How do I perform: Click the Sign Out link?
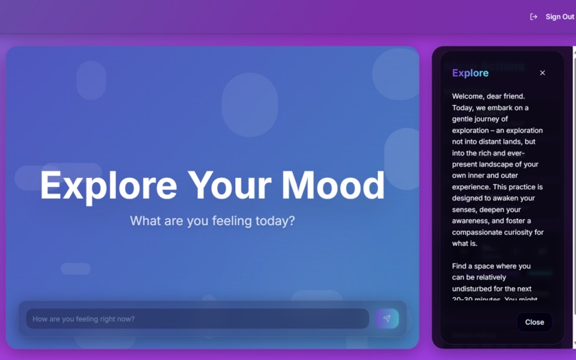(560, 16)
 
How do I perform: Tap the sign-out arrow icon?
(534, 16)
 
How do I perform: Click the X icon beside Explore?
(542, 73)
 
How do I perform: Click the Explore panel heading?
(470, 73)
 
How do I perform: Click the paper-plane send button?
(387, 319)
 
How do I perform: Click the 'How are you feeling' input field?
(197, 319)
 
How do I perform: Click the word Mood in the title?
(333, 185)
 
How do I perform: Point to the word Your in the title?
(229, 185)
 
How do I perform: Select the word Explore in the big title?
(108, 185)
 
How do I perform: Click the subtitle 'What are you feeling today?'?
(212, 221)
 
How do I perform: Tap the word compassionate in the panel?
(480, 232)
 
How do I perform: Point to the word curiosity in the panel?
(523, 232)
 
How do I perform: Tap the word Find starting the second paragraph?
(461, 266)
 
